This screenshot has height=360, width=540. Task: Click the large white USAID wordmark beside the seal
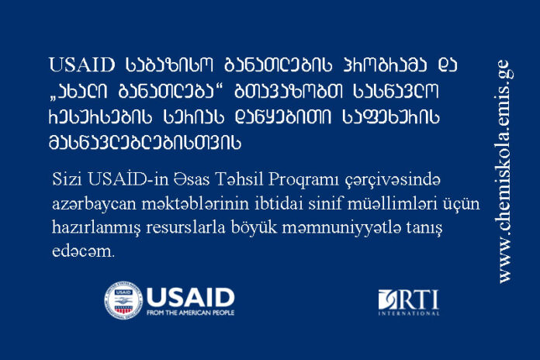click(x=190, y=296)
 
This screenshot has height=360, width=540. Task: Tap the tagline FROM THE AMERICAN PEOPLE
click(x=190, y=313)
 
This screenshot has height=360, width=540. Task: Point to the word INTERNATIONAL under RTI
click(x=409, y=313)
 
